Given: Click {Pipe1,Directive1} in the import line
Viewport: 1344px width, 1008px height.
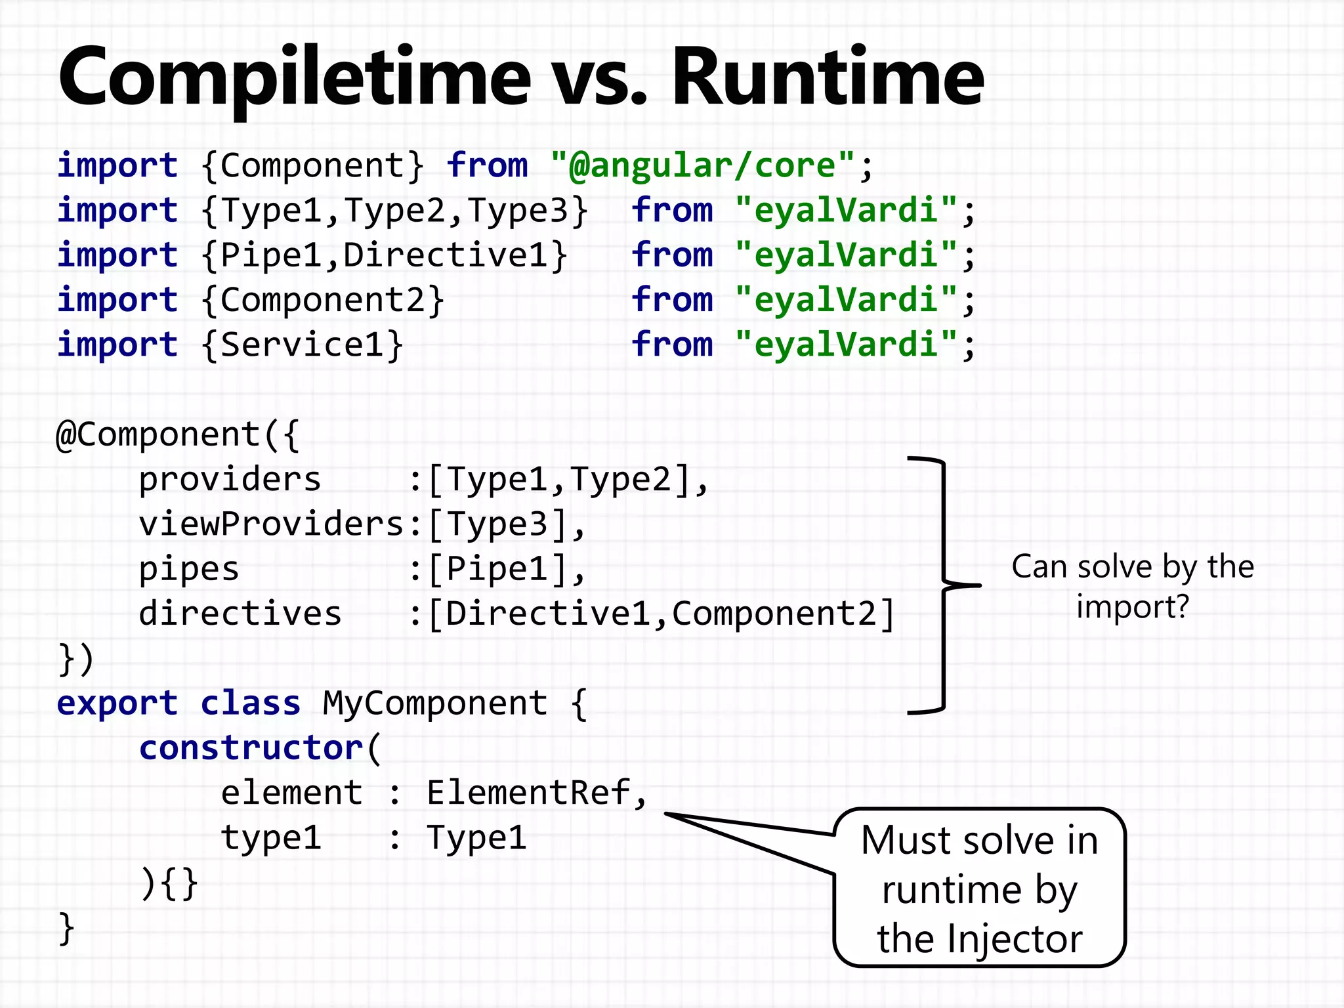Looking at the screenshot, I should coord(385,256).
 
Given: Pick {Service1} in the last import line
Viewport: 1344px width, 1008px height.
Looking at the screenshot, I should coord(302,345).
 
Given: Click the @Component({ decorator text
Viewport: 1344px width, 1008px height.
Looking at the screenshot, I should coord(177,434).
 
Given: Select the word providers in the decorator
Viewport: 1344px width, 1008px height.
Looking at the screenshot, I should coord(230,480).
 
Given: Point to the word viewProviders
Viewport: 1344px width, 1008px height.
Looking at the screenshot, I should coord(270,524).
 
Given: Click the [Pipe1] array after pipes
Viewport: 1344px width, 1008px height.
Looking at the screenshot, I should coord(505,569).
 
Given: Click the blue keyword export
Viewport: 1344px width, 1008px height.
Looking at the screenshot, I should coord(117,703).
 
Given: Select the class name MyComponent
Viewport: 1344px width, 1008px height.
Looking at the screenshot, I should coord(434,703).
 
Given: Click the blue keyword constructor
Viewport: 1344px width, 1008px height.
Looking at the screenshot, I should coord(251,748).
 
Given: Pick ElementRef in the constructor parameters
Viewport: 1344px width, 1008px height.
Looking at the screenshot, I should coord(529,793).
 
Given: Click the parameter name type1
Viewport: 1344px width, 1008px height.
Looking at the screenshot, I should coord(271,838).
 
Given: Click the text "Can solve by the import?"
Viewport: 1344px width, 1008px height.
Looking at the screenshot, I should coord(1132,586).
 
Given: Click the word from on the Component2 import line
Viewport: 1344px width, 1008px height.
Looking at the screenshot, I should coord(671,301).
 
